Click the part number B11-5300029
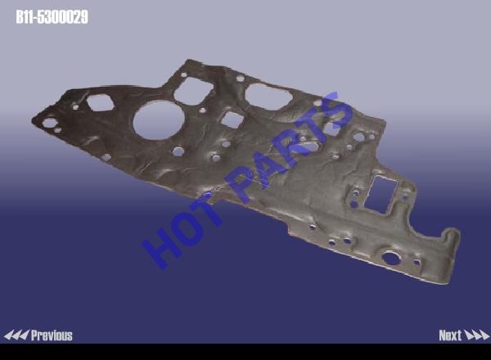pyautogui.click(x=52, y=17)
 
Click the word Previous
pyautogui.click(x=52, y=335)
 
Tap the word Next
pyautogui.click(x=450, y=335)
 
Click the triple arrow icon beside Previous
pyautogui.click(x=16, y=335)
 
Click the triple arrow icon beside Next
pyautogui.click(x=476, y=335)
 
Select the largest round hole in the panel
pyautogui.click(x=159, y=120)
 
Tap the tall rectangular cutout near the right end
pyautogui.click(x=381, y=195)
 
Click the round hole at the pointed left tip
pyautogui.click(x=49, y=123)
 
